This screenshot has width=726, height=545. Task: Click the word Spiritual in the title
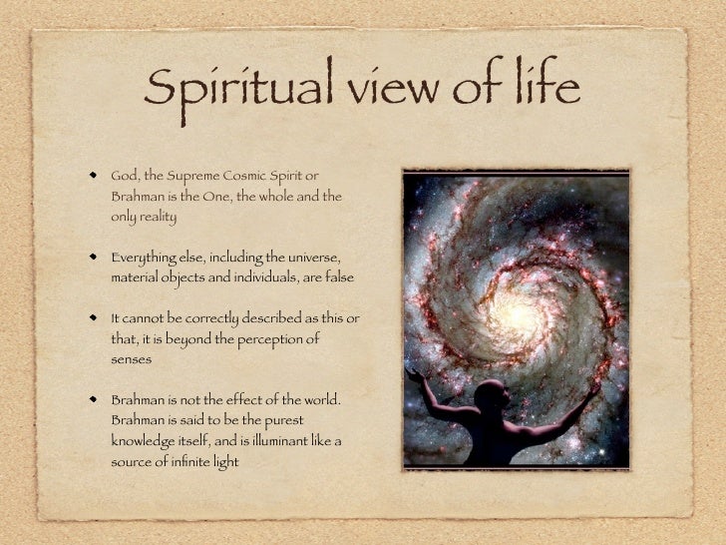point(238,88)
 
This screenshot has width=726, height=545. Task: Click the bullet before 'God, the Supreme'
point(94,175)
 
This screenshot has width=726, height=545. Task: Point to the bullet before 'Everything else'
point(94,257)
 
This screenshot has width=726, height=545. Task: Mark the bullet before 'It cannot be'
point(94,317)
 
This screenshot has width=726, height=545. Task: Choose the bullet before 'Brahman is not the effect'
point(94,399)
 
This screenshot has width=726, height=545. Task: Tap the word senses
point(132,359)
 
